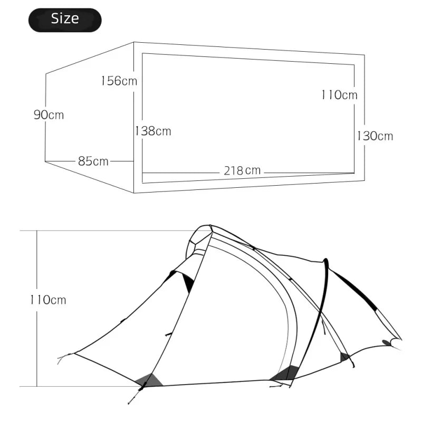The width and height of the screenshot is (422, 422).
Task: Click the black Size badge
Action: [64, 20]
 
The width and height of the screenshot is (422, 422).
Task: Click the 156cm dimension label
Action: [119, 81]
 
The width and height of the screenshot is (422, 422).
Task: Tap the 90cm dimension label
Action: [49, 114]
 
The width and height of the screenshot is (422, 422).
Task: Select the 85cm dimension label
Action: [93, 161]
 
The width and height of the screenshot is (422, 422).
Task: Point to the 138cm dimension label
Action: [153, 131]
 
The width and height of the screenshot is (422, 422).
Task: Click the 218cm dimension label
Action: [242, 170]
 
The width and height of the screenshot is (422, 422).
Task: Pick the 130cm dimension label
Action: [375, 136]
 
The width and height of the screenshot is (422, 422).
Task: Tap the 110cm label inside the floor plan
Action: [339, 95]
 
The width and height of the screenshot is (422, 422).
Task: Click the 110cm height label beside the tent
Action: [48, 300]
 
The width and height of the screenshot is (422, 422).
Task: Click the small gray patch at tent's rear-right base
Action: [344, 357]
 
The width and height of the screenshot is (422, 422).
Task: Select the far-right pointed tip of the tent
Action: [400, 339]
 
